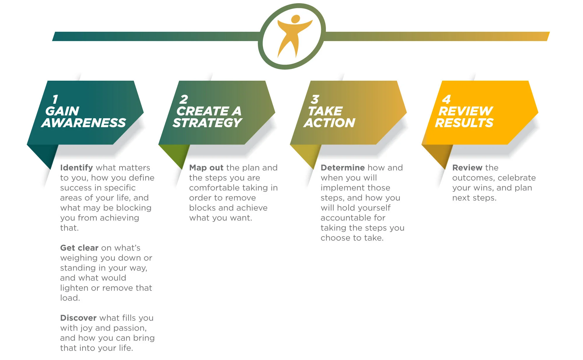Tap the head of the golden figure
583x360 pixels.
click(296, 19)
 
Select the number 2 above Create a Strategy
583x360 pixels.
click(184, 100)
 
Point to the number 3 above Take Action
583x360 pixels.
click(315, 100)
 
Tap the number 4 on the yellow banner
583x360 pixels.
click(447, 100)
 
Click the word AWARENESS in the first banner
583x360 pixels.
click(84, 123)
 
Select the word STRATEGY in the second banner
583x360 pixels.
click(207, 123)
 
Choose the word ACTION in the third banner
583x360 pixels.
click(330, 123)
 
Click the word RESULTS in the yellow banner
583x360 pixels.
click(464, 123)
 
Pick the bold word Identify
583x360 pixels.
click(76, 168)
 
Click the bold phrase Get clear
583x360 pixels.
click(79, 248)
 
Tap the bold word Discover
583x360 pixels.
click(78, 318)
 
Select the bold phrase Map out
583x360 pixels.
click(206, 168)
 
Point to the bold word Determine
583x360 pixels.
click(343, 168)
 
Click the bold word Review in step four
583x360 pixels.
click(467, 168)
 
